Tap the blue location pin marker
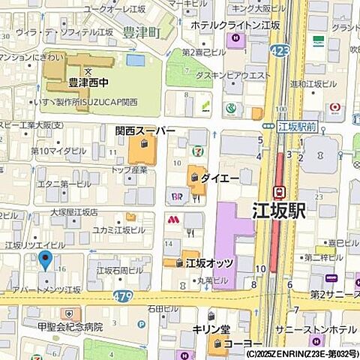coord(45,261)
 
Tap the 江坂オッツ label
coord(209,263)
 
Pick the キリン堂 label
coord(211,329)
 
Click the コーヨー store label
coord(241,344)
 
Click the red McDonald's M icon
coord(172,220)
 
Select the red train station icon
coord(279,191)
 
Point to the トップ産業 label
coord(129,170)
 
